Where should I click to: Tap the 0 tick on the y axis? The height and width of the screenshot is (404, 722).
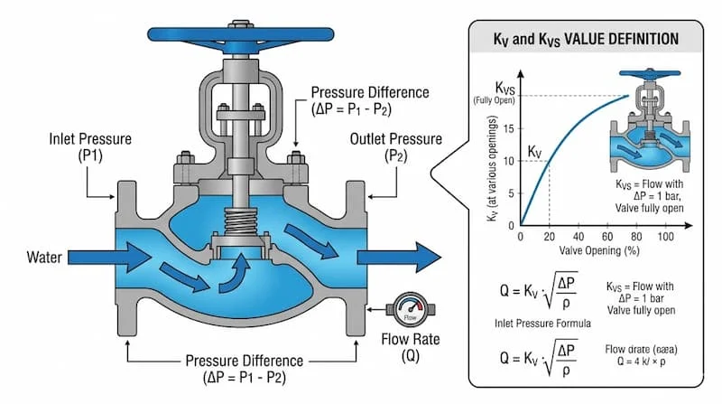click(512, 224)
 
